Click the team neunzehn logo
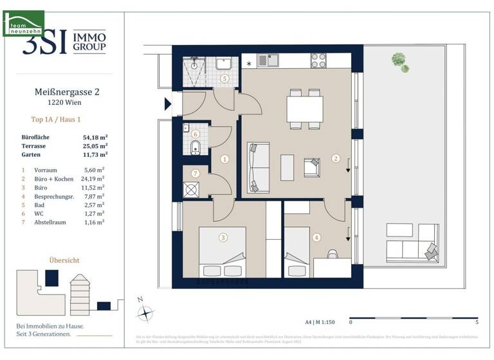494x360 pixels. click(x=23, y=22)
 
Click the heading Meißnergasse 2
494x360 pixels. click(x=66, y=92)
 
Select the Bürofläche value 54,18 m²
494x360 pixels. click(x=95, y=137)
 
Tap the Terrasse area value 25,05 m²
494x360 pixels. click(x=95, y=145)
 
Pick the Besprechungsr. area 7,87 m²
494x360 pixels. click(x=93, y=196)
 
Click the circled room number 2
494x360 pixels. click(x=335, y=157)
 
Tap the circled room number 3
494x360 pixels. click(x=223, y=237)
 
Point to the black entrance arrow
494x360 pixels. click(x=169, y=104)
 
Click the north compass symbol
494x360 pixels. click(x=147, y=312)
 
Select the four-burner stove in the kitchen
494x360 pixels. click(x=318, y=60)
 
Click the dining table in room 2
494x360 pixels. click(x=305, y=109)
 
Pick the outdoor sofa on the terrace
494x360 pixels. click(x=412, y=240)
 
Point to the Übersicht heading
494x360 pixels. click(x=64, y=260)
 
